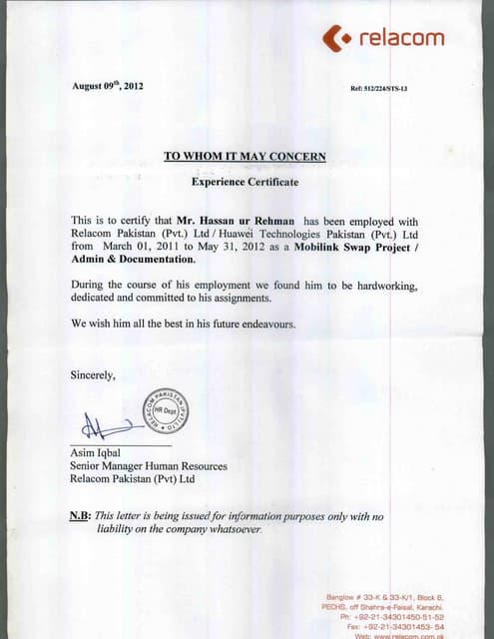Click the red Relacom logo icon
(336, 39)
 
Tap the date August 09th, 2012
(108, 86)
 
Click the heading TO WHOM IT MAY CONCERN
(245, 156)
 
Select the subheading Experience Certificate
(245, 182)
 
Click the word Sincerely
(93, 375)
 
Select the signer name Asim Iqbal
(96, 452)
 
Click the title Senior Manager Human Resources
(149, 465)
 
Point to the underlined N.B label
(80, 515)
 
